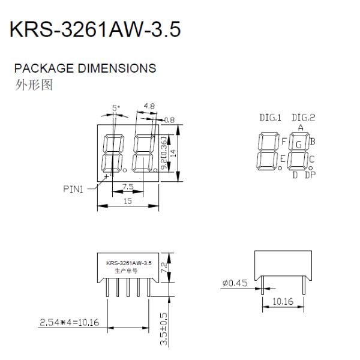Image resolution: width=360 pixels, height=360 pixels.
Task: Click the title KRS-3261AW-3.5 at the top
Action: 95,29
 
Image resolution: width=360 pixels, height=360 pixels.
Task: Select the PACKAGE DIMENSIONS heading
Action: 85,68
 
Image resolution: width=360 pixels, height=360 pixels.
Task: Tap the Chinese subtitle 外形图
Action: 34,85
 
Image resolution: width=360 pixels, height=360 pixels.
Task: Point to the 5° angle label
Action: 116,107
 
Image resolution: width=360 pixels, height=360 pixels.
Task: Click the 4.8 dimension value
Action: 149,106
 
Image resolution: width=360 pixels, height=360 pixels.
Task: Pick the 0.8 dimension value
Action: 169,120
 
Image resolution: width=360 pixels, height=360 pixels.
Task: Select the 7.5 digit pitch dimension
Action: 128,187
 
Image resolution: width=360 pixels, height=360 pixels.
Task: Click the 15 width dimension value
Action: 128,201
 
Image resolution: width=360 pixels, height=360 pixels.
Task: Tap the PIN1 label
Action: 73,189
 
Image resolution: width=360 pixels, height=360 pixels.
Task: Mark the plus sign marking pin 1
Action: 106,176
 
